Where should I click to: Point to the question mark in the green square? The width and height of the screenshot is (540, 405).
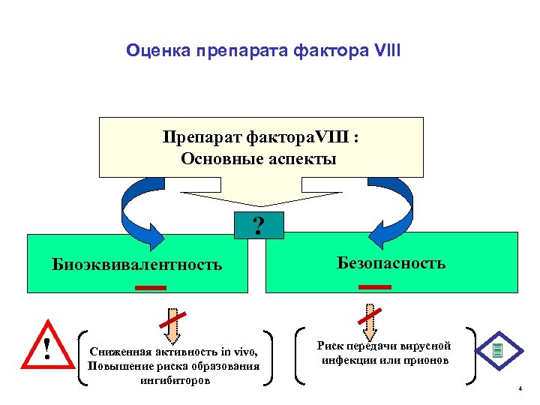(x=259, y=225)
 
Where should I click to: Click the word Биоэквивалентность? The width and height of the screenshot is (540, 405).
(x=137, y=264)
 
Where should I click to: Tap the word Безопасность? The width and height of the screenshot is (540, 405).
(x=391, y=262)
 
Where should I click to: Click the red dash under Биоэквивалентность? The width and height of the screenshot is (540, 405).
(x=151, y=287)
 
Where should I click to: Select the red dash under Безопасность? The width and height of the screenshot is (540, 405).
(x=375, y=286)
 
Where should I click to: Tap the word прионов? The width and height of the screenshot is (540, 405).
(x=427, y=361)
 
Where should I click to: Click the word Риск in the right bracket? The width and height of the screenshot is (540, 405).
(x=331, y=346)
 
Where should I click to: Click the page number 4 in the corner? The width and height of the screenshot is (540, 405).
(x=519, y=388)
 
